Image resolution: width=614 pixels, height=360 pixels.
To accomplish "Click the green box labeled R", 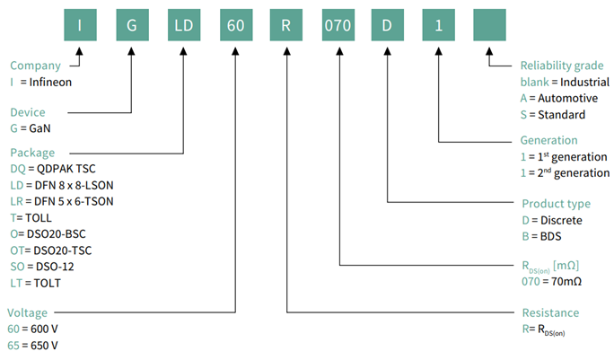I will [x=288, y=23].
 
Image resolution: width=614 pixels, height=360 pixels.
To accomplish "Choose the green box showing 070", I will [x=340, y=23].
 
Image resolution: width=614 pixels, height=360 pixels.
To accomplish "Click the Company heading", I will [x=35, y=66].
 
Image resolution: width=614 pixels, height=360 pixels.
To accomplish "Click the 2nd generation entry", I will [x=566, y=172].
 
